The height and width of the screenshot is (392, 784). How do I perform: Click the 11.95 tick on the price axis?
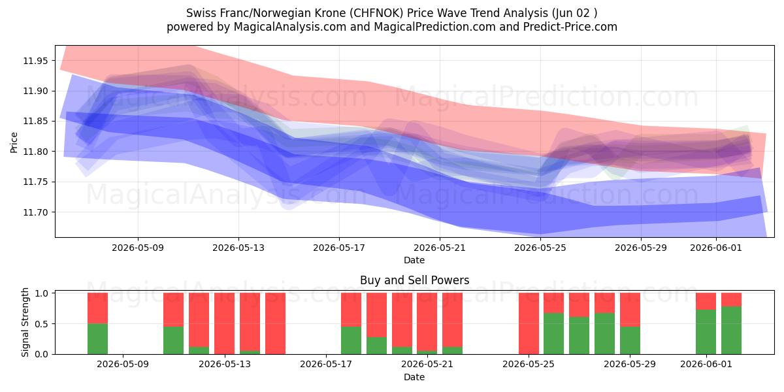coord(35,61)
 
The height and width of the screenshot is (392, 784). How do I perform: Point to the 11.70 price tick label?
coord(35,212)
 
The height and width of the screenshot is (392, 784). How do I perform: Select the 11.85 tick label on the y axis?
coord(35,122)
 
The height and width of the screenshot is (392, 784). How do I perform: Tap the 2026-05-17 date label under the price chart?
coord(339,248)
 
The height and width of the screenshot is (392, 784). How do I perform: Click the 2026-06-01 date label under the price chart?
coord(716,248)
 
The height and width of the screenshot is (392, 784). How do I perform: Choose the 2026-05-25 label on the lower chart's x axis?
coord(529,365)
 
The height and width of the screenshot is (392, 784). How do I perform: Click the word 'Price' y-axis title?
coord(14,142)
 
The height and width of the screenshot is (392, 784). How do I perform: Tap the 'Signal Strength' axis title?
coord(25,322)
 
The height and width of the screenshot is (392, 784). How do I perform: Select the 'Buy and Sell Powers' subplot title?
coord(414,280)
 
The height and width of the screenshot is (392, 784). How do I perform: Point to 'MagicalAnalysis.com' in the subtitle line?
coord(290,27)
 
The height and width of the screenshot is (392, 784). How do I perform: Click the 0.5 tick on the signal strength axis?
coord(42,324)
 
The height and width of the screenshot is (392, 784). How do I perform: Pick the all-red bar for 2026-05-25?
coord(529,323)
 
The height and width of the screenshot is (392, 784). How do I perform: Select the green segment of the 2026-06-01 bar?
coord(706,332)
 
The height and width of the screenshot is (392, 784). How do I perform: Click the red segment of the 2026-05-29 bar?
coord(630,310)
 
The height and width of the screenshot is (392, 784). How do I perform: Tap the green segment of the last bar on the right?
coord(731,331)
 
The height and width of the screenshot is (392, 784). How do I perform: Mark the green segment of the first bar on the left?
coord(97,339)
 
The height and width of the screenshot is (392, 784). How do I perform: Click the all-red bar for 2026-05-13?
coord(224,323)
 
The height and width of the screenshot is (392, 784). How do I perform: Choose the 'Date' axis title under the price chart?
coord(414,260)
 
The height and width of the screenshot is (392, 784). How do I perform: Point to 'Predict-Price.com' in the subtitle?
coord(570,27)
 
